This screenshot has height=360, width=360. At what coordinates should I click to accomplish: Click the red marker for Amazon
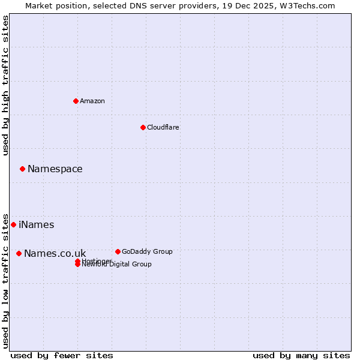[76, 101]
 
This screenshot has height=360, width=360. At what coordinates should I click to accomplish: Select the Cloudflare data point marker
[143, 127]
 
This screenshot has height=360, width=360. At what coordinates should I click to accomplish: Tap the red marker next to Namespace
[22, 169]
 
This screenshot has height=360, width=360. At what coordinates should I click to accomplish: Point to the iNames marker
[13, 224]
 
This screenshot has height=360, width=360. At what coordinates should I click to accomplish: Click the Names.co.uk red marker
[19, 253]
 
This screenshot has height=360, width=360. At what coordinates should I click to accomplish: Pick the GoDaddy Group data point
[118, 251]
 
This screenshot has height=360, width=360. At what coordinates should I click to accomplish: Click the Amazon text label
[92, 101]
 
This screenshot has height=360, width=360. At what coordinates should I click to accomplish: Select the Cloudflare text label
[163, 127]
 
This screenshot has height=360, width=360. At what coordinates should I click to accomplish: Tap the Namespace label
[55, 169]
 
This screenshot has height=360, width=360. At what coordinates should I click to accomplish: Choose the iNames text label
[37, 225]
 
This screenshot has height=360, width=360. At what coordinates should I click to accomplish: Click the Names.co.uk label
[55, 254]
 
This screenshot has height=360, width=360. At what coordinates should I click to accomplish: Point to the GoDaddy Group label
[147, 251]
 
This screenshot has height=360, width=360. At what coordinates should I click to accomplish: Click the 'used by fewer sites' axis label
[62, 355]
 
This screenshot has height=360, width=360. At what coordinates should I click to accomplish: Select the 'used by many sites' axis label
[301, 355]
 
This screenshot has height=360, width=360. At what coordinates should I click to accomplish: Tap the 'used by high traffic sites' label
[5, 85]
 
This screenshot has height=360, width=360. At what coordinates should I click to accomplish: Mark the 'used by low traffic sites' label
[5, 280]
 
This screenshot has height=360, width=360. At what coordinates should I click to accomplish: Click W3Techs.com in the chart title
[305, 5]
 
